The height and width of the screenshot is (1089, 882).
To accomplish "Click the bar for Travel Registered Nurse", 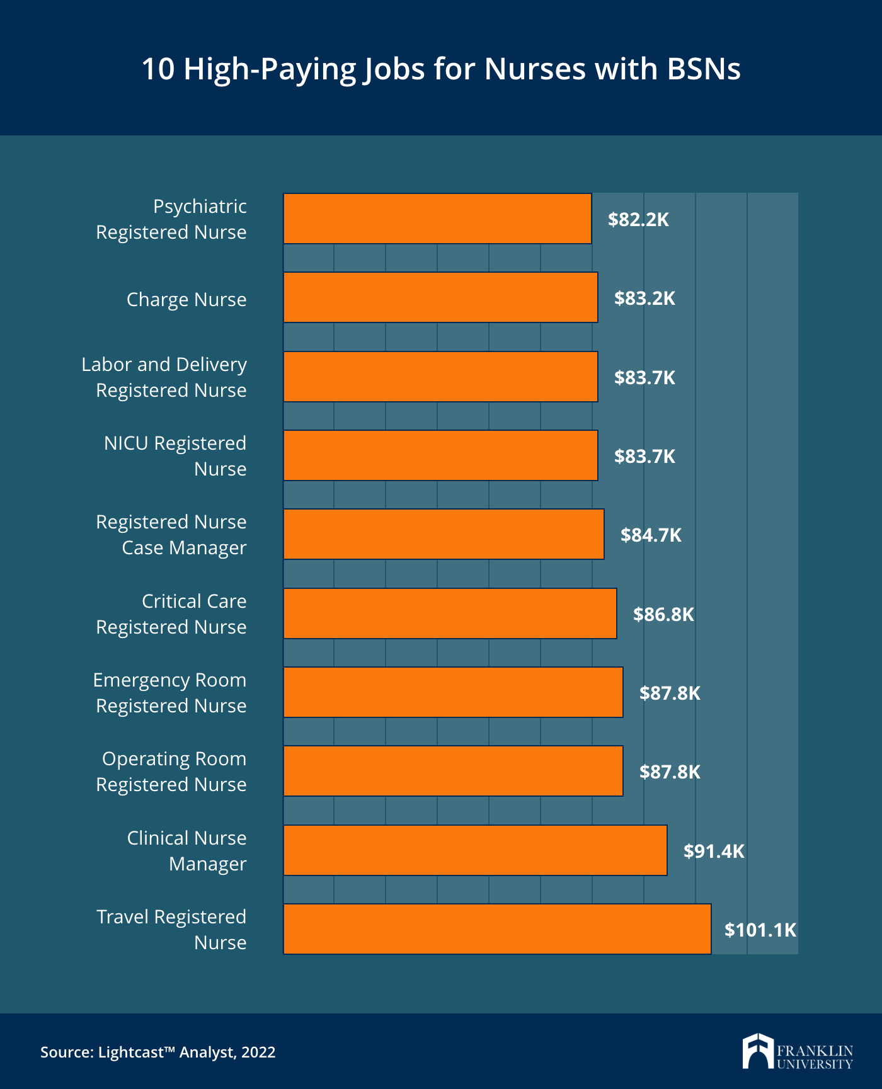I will pyautogui.click(x=497, y=929).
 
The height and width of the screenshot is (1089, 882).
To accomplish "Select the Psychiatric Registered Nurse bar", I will pyautogui.click(x=437, y=219).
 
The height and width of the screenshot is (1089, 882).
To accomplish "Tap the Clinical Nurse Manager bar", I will pyautogui.click(x=475, y=850).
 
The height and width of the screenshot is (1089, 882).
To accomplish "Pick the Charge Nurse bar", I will pyautogui.click(x=440, y=297).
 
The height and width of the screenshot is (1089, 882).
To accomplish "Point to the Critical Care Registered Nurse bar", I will pyautogui.click(x=450, y=613).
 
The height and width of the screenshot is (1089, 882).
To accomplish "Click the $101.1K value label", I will pyautogui.click(x=760, y=930).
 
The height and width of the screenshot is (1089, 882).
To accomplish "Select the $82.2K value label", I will pyautogui.click(x=638, y=219).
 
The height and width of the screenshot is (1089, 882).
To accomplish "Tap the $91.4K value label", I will pyautogui.click(x=714, y=851).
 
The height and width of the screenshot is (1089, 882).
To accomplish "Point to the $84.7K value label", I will pyautogui.click(x=651, y=535).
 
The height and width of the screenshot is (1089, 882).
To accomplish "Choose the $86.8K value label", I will pyautogui.click(x=663, y=614).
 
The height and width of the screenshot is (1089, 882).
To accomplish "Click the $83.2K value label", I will pyautogui.click(x=644, y=298).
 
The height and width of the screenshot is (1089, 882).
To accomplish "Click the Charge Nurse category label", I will pyautogui.click(x=186, y=299).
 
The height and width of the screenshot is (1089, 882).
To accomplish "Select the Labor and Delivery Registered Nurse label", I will pyautogui.click(x=164, y=377).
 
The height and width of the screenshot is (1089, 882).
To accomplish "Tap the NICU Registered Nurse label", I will pyautogui.click(x=175, y=456).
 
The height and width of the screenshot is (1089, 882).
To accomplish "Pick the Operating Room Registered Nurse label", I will pyautogui.click(x=171, y=772).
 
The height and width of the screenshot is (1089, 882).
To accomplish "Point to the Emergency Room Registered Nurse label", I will pyautogui.click(x=170, y=693).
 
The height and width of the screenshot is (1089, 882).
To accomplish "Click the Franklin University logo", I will pyautogui.click(x=797, y=1051).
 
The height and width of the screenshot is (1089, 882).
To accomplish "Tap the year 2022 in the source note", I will pyautogui.click(x=258, y=1052).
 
